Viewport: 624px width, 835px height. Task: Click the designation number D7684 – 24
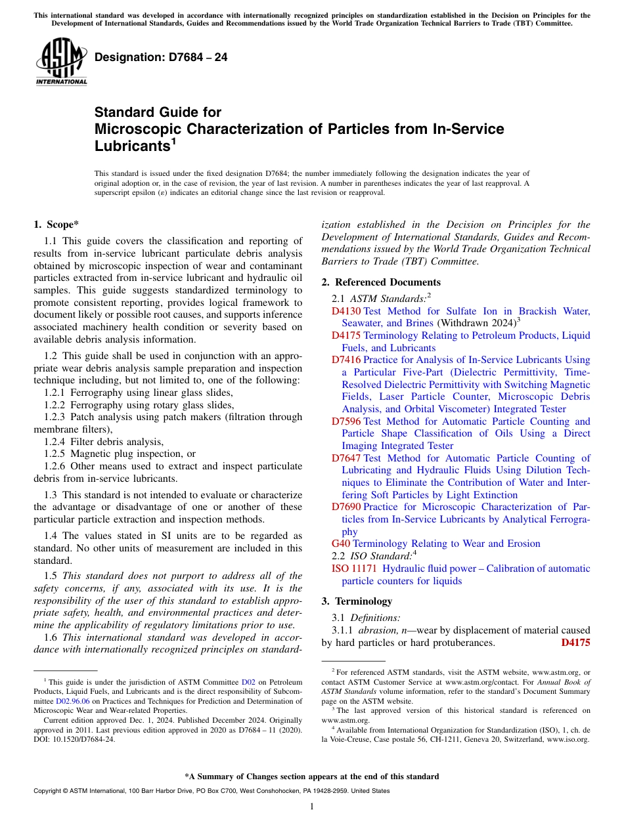click(161, 58)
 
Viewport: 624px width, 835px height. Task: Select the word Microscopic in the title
click(135, 129)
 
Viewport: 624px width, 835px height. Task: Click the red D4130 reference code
click(346, 311)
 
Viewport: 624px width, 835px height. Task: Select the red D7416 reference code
click(346, 360)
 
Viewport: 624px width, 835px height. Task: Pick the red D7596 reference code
click(346, 421)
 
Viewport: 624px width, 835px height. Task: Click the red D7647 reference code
click(346, 458)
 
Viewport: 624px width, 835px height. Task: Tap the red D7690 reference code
click(346, 507)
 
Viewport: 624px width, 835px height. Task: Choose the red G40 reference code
click(341, 544)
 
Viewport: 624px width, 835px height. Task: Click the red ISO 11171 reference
click(354, 568)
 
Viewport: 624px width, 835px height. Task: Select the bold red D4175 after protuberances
click(575, 643)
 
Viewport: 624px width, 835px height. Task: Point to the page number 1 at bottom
click(312, 806)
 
